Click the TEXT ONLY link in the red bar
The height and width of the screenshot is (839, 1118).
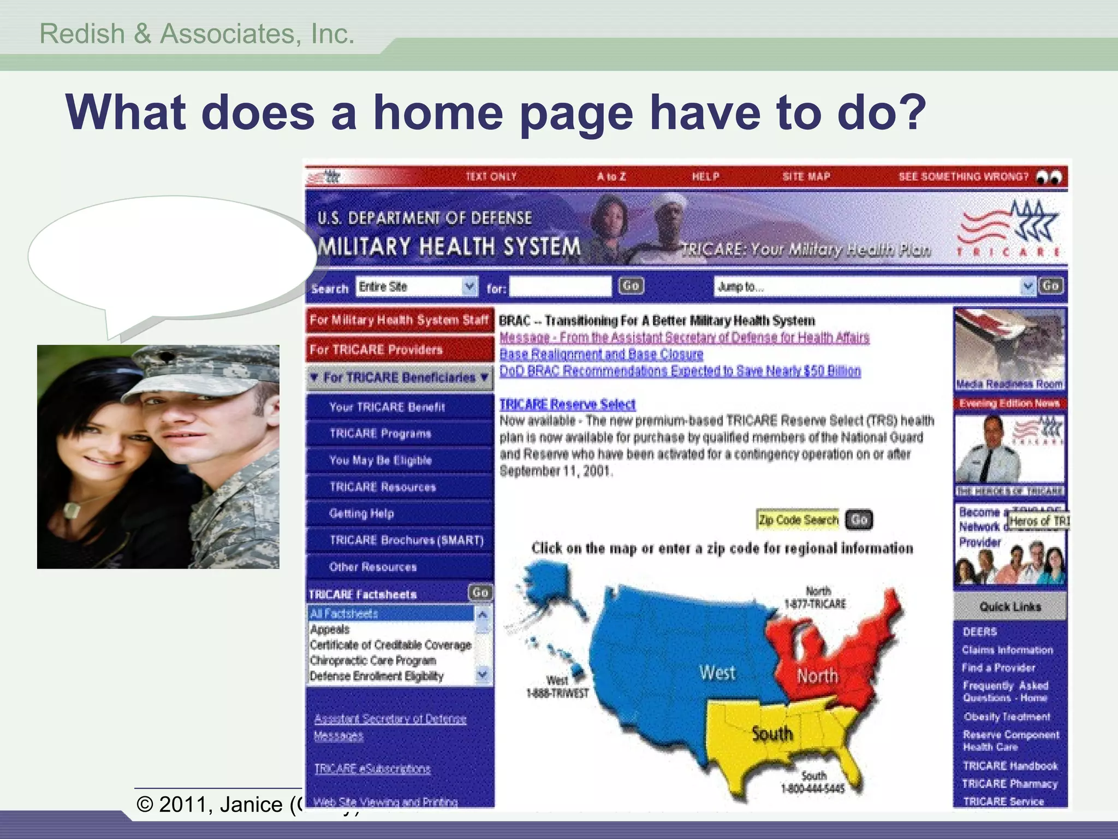[x=491, y=176]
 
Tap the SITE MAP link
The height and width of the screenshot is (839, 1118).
[x=806, y=176]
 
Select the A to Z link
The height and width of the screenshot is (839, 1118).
[x=611, y=176]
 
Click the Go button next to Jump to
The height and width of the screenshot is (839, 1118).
[x=1051, y=286]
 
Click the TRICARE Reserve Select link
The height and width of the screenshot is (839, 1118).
[x=567, y=404]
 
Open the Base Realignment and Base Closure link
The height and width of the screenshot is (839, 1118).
[x=601, y=354]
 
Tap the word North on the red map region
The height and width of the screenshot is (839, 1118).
[x=817, y=676]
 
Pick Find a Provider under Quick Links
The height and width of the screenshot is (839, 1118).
[x=998, y=667]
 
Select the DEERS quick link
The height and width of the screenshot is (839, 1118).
[x=980, y=632]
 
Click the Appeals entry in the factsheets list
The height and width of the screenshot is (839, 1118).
[x=330, y=629]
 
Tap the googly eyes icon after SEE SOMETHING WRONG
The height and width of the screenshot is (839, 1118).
[x=1049, y=177]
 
